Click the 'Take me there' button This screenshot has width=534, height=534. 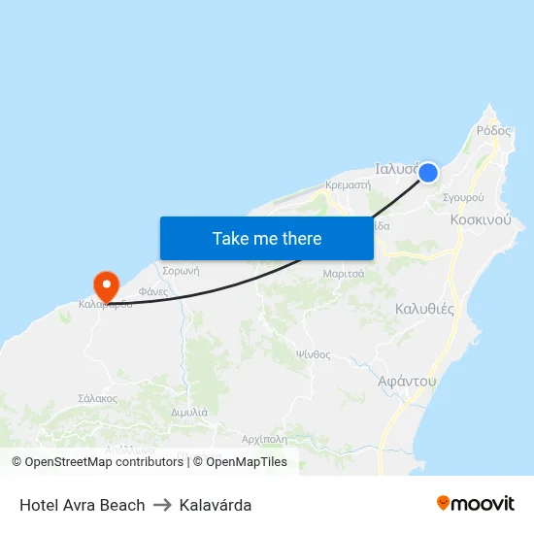(267, 238)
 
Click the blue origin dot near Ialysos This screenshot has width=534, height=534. (427, 173)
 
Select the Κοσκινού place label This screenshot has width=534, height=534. (481, 220)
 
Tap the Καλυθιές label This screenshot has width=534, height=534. (424, 309)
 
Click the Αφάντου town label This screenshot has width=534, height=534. (407, 382)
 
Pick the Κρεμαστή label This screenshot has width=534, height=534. (349, 184)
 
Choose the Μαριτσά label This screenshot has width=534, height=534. (344, 274)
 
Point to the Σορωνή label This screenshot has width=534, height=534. (181, 271)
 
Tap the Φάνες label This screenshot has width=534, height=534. (153, 291)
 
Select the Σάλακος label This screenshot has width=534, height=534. (97, 398)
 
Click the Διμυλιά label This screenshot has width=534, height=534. (189, 412)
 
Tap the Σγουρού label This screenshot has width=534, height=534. (463, 197)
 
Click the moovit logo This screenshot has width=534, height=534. (476, 504)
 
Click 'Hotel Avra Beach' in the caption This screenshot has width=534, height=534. (82, 505)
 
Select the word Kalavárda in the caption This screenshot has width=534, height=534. (216, 505)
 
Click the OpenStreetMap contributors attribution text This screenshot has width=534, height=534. (104, 462)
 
